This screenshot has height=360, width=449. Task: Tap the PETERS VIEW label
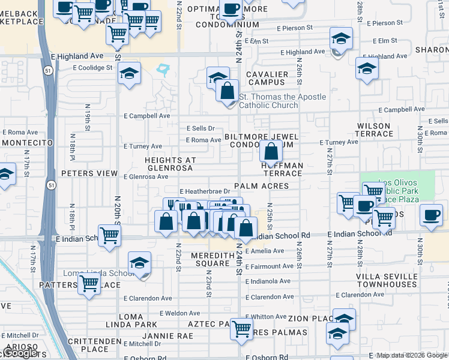coord(89,173)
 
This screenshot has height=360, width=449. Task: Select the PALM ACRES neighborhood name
coord(262,187)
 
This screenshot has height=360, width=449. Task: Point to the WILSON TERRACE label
coord(374,130)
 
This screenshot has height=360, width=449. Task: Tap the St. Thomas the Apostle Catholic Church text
coord(282,101)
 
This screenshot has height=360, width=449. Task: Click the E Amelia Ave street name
coord(264,251)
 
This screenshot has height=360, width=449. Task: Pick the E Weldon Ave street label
coord(179,313)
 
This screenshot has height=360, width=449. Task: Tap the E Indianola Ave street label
coord(267,281)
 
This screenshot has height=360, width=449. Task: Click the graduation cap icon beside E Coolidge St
coord(129,74)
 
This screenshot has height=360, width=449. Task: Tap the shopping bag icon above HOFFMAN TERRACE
coord(271,152)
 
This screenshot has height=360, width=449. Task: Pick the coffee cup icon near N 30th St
coord(430,215)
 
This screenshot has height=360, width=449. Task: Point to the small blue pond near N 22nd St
coord(163,71)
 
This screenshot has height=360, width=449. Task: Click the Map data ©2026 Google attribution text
coord(412,355)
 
